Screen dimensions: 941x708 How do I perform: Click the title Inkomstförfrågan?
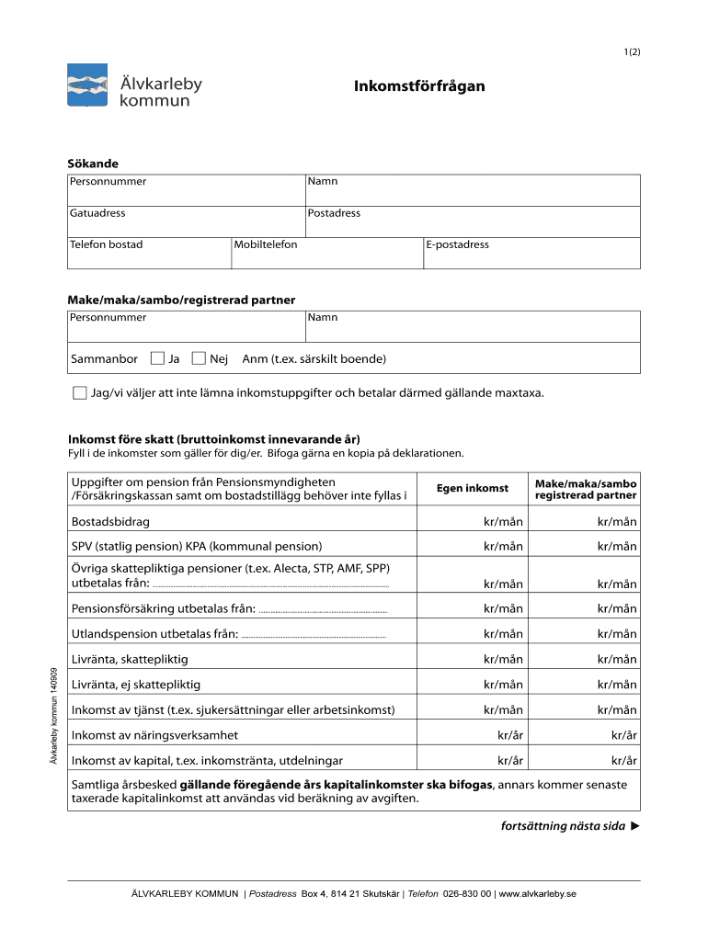419,86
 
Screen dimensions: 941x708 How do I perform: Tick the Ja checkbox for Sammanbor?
157,358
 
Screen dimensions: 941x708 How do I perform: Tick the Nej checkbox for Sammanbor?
199,358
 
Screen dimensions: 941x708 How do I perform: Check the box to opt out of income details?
79,393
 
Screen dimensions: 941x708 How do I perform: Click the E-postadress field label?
457,244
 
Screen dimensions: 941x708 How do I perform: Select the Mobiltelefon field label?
265,244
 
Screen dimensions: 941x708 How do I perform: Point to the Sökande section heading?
93,164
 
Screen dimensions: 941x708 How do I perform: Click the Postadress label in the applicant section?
334,213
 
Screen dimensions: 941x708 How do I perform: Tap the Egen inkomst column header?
472,488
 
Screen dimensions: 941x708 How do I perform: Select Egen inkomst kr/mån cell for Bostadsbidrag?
503,522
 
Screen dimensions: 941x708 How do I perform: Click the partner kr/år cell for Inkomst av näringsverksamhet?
624,735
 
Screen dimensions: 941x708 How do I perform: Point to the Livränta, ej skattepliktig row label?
136,685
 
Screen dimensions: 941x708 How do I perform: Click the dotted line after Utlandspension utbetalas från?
314,636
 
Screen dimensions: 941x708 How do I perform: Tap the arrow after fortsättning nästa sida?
635,826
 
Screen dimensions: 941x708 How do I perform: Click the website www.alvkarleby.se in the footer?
538,893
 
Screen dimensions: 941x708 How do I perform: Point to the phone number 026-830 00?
467,893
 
